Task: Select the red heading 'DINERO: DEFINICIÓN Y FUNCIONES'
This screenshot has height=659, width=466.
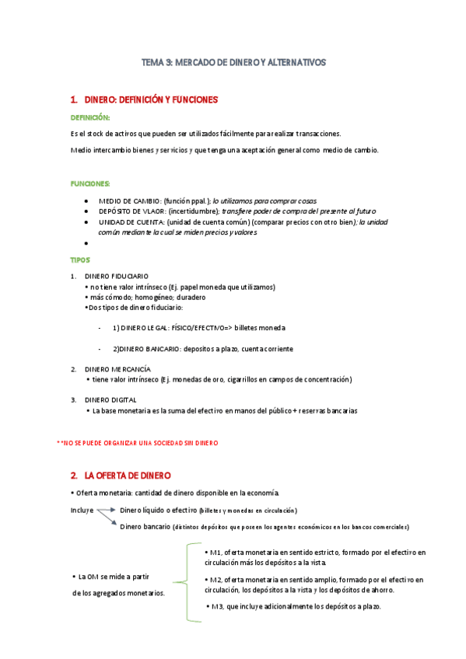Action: point(150,100)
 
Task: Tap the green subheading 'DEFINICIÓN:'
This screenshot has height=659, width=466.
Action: point(90,117)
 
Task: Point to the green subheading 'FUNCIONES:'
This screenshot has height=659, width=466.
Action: point(90,184)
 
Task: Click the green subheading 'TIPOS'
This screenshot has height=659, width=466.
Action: point(79,260)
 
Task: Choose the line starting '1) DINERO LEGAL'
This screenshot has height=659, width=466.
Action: point(198,328)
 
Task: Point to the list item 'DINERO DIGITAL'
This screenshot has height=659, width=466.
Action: point(110,399)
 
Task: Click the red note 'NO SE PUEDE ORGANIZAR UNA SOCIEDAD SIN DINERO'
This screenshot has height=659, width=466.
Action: point(140,443)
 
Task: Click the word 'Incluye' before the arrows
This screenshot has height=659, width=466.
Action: point(82,511)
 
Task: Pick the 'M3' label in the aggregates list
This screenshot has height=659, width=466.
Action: point(218,607)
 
